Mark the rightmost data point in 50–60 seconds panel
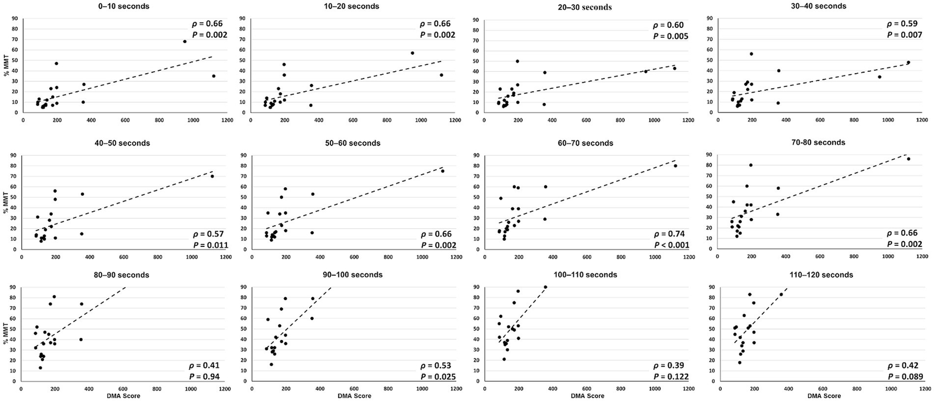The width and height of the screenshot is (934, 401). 442,171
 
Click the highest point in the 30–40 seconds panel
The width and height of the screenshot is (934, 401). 751,54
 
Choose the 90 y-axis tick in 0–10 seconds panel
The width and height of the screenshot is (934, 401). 16,18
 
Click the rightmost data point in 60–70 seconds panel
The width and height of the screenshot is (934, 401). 675,166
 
